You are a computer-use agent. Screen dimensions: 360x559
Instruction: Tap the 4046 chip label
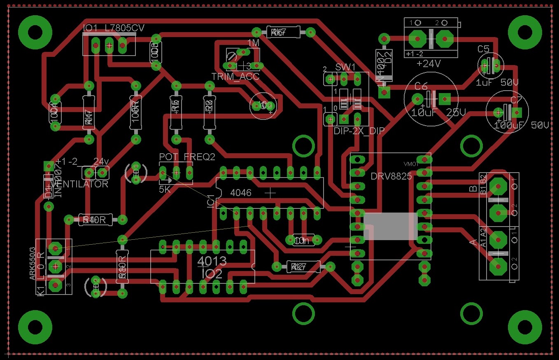241,193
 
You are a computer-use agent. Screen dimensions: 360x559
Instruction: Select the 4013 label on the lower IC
212,261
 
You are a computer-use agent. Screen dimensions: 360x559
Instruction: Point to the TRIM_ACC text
235,77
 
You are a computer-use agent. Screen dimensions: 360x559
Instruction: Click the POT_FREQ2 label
187,157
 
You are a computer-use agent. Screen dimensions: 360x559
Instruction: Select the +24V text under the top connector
429,64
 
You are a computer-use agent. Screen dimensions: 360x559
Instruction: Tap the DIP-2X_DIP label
359,131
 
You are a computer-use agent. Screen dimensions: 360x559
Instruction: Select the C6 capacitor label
421,86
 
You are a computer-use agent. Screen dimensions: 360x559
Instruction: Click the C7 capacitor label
516,100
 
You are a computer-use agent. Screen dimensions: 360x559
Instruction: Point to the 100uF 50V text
521,125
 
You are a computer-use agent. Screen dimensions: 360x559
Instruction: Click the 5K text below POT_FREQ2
165,189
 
